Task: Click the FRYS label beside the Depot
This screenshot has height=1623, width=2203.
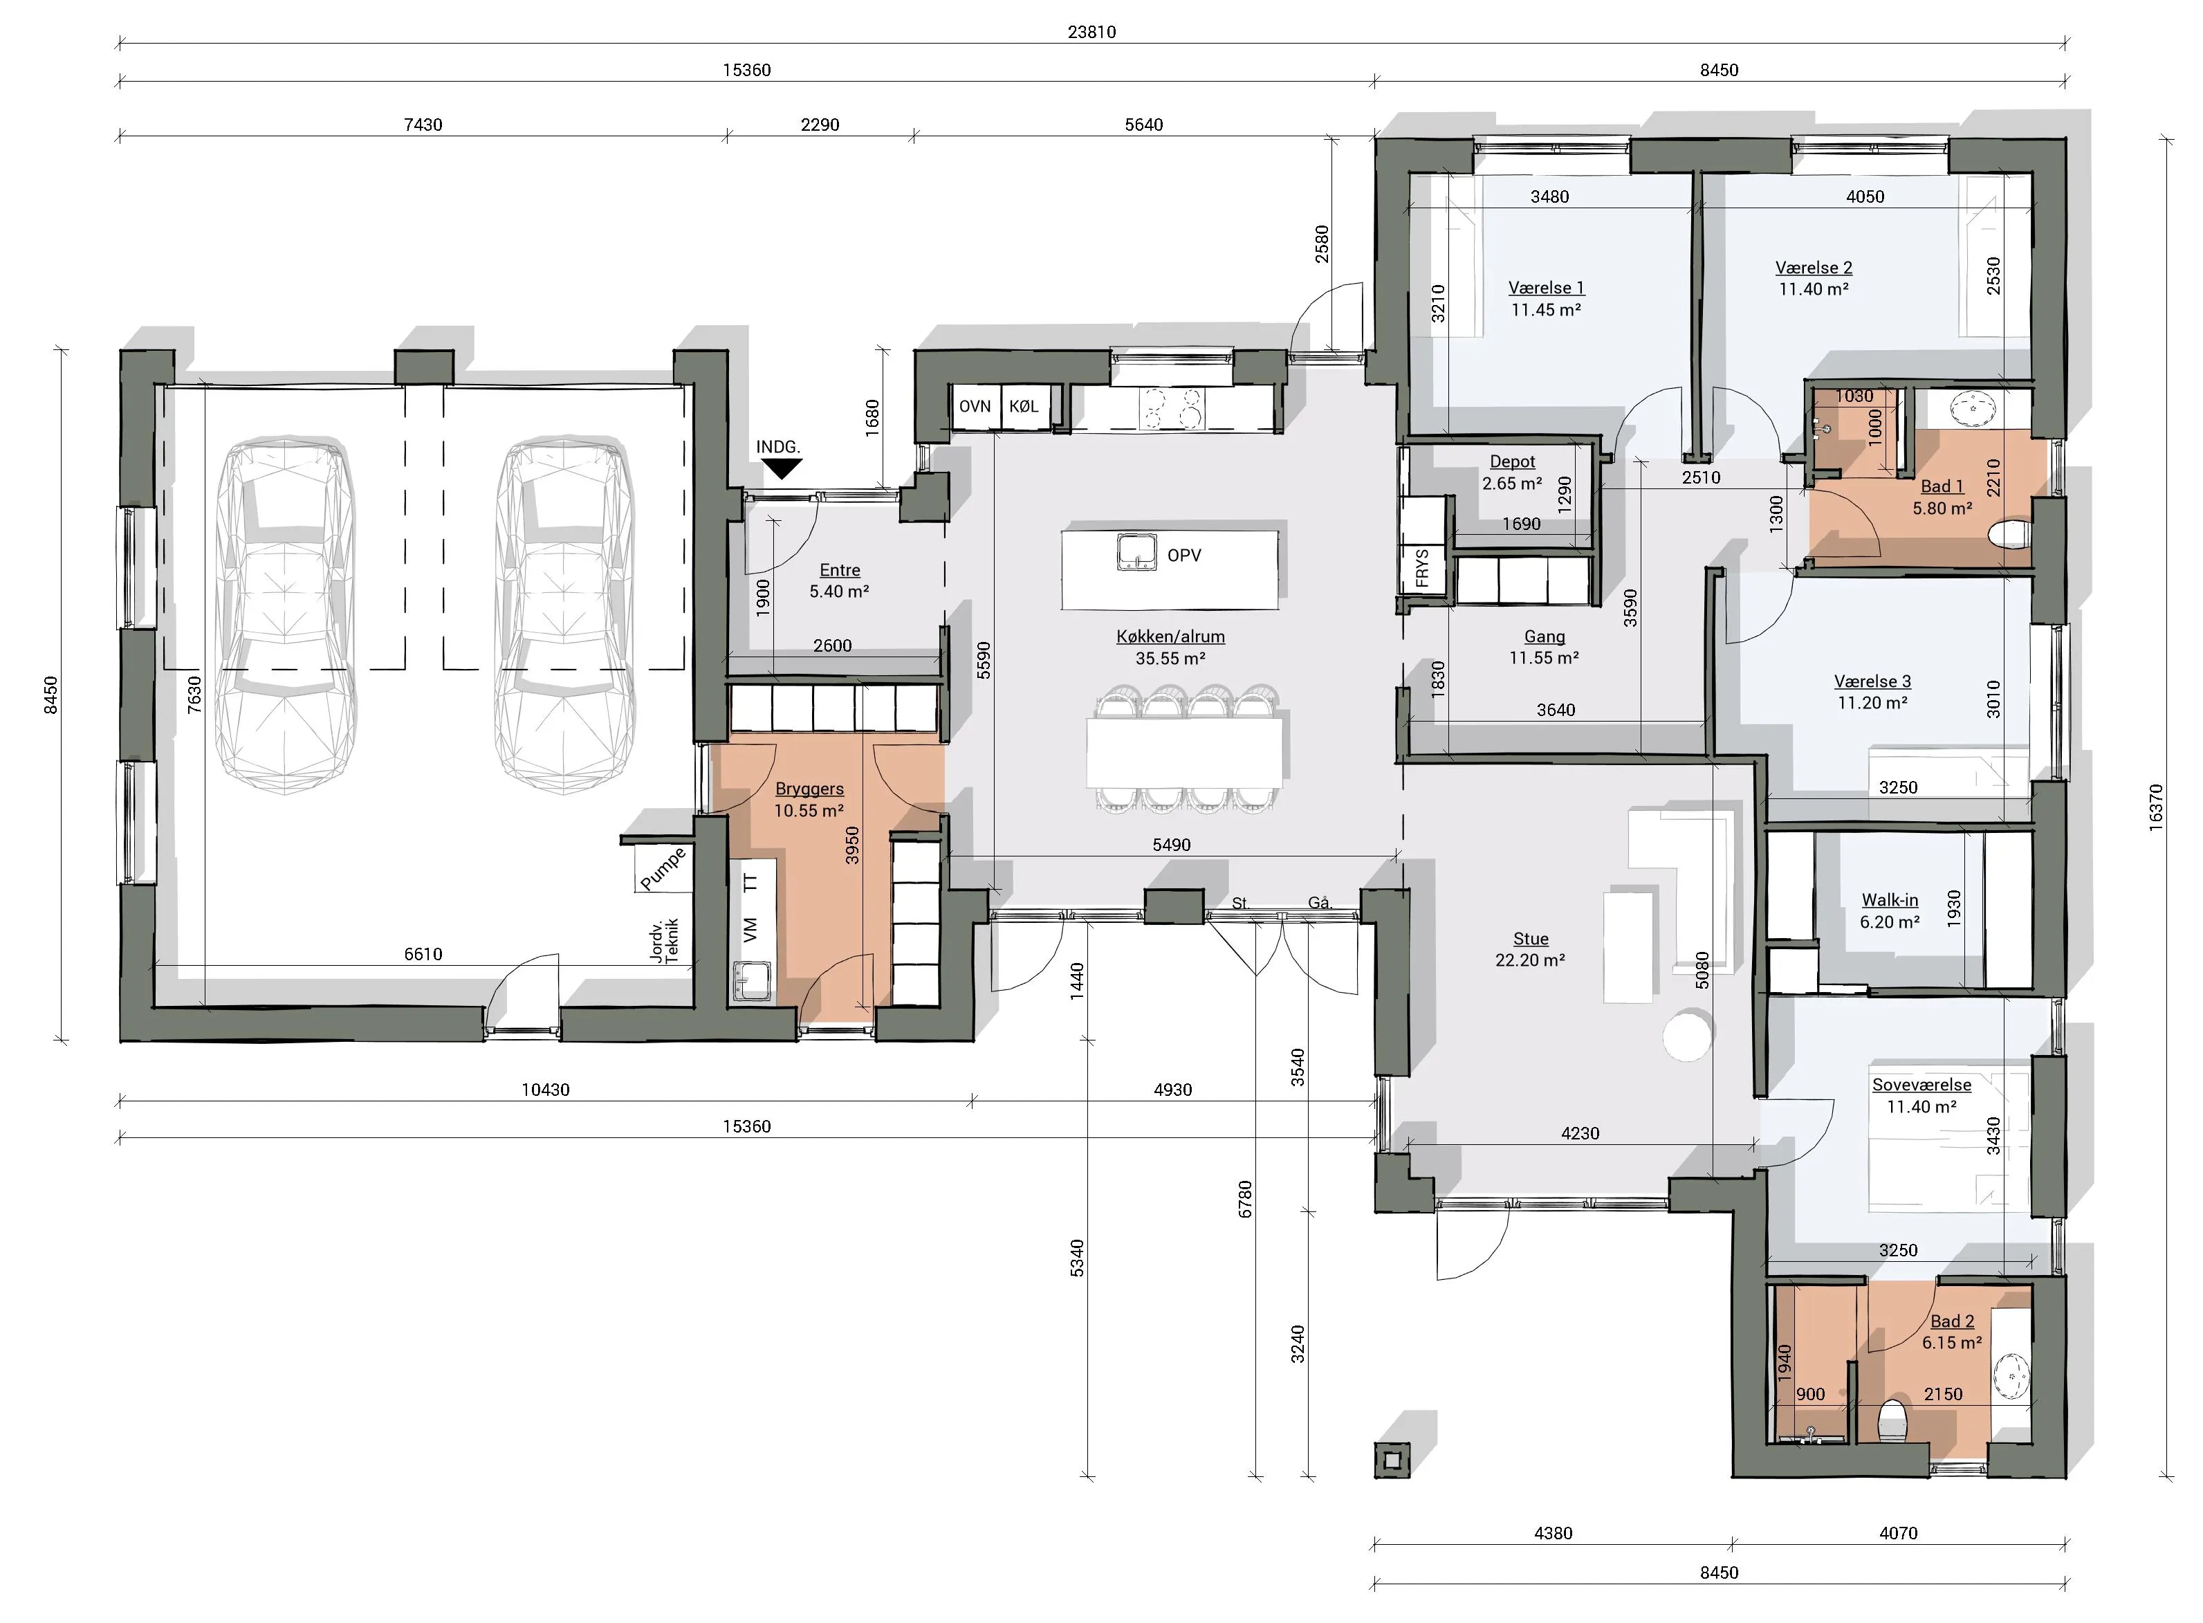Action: click(1422, 568)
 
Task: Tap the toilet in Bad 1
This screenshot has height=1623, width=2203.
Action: click(2009, 535)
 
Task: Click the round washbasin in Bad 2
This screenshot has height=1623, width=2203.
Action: click(2013, 1378)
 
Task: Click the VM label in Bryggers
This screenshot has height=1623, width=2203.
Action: click(750, 929)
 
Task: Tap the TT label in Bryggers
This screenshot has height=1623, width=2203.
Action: click(750, 882)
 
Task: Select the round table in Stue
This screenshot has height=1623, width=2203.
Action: click(1688, 1036)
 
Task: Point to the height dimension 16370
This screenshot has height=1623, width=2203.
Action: click(2156, 807)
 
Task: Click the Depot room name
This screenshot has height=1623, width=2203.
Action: click(1513, 461)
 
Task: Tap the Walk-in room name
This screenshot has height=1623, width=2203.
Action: click(1890, 900)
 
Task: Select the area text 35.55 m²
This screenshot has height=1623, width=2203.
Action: click(1171, 658)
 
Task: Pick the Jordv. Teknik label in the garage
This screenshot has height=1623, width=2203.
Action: click(665, 941)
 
